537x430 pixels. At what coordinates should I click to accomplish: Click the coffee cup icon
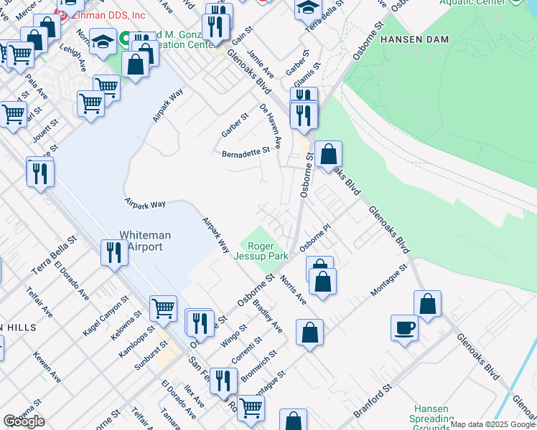point(404,328)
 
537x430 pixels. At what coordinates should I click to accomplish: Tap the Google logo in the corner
point(24,421)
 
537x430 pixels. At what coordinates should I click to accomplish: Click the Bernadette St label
point(245,151)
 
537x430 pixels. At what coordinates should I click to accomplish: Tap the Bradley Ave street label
point(268,315)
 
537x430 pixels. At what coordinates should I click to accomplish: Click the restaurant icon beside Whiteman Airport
point(113,252)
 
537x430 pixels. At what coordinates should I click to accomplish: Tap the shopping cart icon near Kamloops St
point(164,308)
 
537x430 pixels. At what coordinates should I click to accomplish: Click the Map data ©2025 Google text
point(492,424)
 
